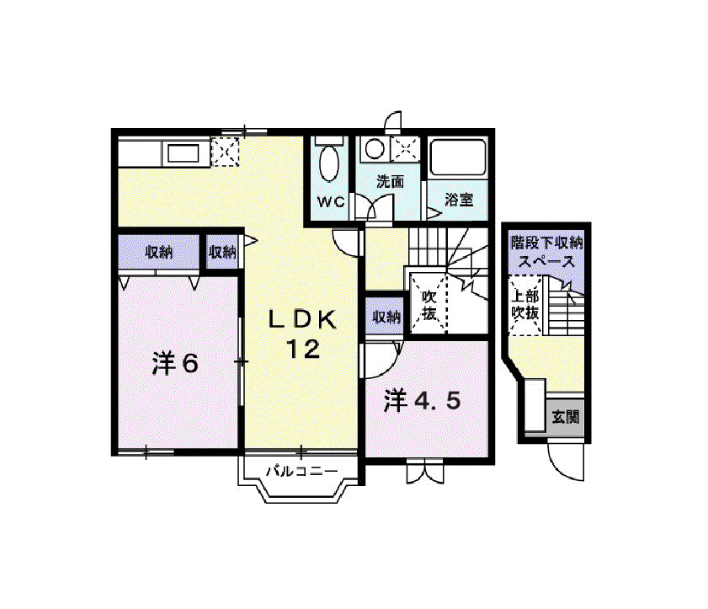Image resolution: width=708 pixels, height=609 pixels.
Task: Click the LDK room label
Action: [x=302, y=319]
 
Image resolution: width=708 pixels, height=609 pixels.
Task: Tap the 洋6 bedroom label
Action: [x=175, y=363]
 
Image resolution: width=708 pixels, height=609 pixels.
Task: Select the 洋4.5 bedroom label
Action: [x=422, y=400]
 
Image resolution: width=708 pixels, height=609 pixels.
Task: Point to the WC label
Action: [x=331, y=202]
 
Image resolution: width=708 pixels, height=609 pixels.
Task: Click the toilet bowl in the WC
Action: [x=329, y=163]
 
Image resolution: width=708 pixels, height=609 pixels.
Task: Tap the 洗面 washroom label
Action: [x=391, y=182]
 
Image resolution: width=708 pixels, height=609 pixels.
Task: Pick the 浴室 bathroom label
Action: [x=459, y=200]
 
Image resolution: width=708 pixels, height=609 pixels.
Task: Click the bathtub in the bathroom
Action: [x=458, y=158]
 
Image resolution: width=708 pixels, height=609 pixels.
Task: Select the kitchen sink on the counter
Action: [x=183, y=153]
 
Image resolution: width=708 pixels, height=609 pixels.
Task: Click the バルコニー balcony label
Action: [x=301, y=472]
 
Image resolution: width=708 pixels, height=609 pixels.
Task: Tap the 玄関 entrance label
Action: [x=566, y=417]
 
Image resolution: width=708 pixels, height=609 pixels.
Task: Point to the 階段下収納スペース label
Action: [x=546, y=253]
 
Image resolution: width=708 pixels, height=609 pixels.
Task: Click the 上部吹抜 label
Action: [x=525, y=305]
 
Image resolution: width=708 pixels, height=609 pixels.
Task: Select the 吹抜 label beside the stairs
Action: [x=429, y=305]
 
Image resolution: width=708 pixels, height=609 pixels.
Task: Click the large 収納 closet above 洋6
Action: [x=158, y=252]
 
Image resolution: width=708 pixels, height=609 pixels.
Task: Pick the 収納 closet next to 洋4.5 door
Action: [x=386, y=317]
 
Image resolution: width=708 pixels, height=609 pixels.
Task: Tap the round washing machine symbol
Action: [x=375, y=148]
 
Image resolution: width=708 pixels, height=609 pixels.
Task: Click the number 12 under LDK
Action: [x=303, y=349]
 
